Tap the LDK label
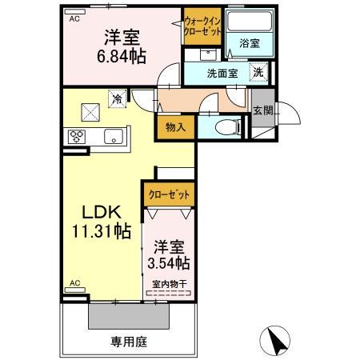coord(99,213)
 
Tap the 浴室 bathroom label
coord(249,45)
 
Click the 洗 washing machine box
coord(259,72)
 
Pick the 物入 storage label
coord(175,126)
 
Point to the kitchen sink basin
coord(112,134)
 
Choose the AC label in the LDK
coord(74,282)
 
